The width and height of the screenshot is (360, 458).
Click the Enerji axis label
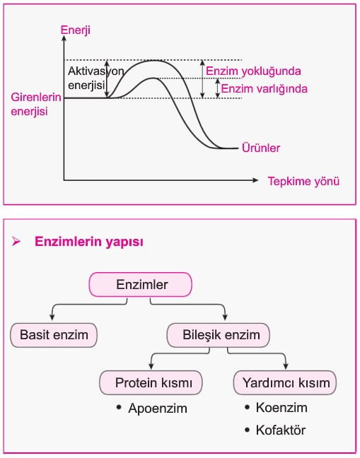tap(76, 30)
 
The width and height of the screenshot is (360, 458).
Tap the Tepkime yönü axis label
tap(303, 182)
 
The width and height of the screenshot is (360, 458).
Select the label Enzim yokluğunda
tap(253, 71)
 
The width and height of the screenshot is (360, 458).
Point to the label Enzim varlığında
tap(264, 89)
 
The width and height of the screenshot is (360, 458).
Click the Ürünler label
tap(261, 148)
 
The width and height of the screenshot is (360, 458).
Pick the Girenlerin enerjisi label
tap(36, 105)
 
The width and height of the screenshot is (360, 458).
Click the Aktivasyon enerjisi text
tap(96, 78)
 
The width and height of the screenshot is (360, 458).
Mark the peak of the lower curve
tap(153, 78)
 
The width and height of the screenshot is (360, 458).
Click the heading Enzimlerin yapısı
tap(89, 242)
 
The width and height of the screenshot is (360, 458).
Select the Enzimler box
tap(141, 285)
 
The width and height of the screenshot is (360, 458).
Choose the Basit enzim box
tap(54, 335)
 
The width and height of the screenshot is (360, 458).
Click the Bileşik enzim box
tap(219, 335)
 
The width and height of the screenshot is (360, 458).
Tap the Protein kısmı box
tap(151, 383)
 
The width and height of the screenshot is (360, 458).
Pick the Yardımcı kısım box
tap(285, 383)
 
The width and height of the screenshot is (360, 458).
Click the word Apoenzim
tap(158, 409)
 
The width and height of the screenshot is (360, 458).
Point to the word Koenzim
tap(281, 408)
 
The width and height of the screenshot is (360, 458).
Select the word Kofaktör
tap(281, 430)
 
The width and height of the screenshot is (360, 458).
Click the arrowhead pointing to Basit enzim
tap(52, 317)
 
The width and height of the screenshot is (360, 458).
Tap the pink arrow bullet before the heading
tap(16, 242)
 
